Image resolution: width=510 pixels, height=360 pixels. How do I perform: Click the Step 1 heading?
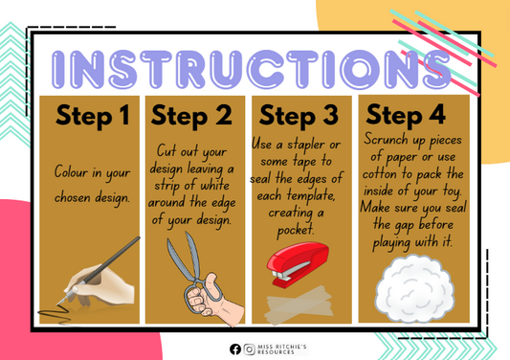92,116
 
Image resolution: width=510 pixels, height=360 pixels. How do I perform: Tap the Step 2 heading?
191,116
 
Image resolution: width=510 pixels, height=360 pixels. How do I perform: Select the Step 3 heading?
299,116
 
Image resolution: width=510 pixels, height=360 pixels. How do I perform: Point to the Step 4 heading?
405,116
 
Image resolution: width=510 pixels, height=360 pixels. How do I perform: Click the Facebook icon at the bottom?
235,349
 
